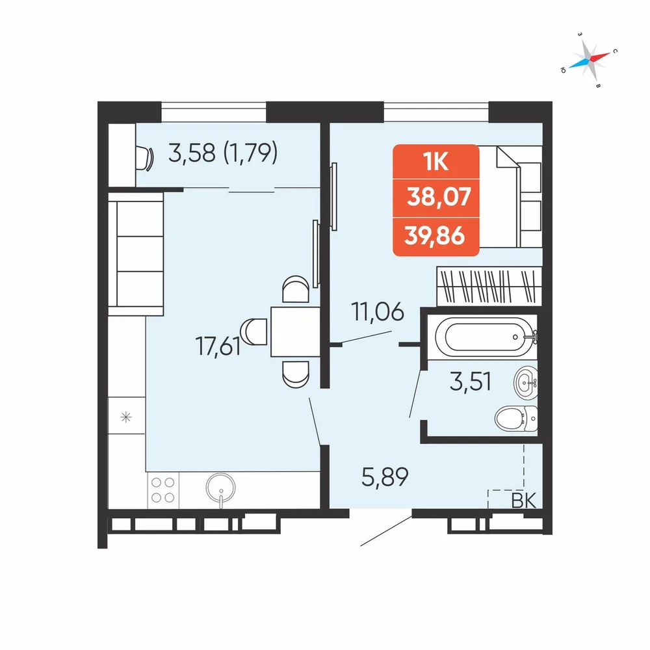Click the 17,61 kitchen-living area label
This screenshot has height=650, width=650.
pyautogui.click(x=218, y=346)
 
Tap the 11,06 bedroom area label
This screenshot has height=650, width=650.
pyautogui.click(x=377, y=312)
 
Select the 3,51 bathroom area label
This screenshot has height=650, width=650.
pyautogui.click(x=470, y=382)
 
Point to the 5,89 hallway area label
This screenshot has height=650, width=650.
pyautogui.click(x=385, y=476)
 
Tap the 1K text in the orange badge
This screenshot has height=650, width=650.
pyautogui.click(x=435, y=161)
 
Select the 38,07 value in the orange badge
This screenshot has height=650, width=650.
pyautogui.click(x=439, y=196)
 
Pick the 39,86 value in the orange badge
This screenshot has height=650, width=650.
pyautogui.click(x=434, y=236)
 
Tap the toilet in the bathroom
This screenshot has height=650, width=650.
pyautogui.click(x=516, y=419)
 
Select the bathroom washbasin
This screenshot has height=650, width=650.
pyautogui.click(x=526, y=383)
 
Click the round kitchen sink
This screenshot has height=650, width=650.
pyautogui.click(x=220, y=489)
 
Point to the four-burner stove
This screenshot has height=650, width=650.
pyautogui.click(x=163, y=490)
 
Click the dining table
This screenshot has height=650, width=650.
pyautogui.click(x=295, y=331)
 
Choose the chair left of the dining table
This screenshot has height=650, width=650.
pyautogui.click(x=253, y=331)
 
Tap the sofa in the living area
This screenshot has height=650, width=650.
pyautogui.click(x=136, y=253)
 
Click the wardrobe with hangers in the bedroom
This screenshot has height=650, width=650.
pyautogui.click(x=489, y=285)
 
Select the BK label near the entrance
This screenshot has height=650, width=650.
pyautogui.click(x=523, y=500)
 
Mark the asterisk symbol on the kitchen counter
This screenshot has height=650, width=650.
pyautogui.click(x=125, y=417)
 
